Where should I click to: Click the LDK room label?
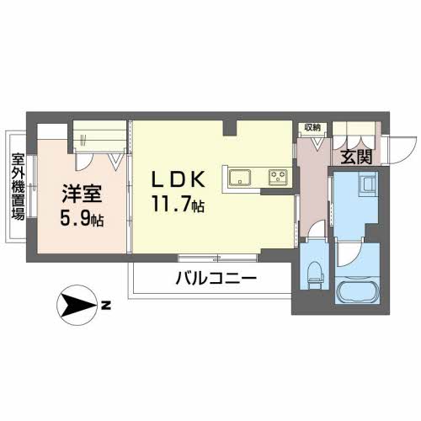point(179,179)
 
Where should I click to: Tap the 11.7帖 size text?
point(179,204)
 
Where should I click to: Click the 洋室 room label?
point(82,194)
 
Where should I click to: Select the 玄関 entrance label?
point(356,157)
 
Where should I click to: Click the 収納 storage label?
point(312,128)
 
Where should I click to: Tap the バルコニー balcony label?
point(216,279)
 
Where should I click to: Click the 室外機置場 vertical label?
point(19,186)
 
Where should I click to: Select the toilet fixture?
point(316,275)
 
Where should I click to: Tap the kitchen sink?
point(240,178)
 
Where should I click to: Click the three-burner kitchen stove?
point(278,178)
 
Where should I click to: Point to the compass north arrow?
point(77,305)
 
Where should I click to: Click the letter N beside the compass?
point(106,305)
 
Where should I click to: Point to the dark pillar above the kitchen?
point(230,128)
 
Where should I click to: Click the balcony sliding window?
point(218,258)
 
